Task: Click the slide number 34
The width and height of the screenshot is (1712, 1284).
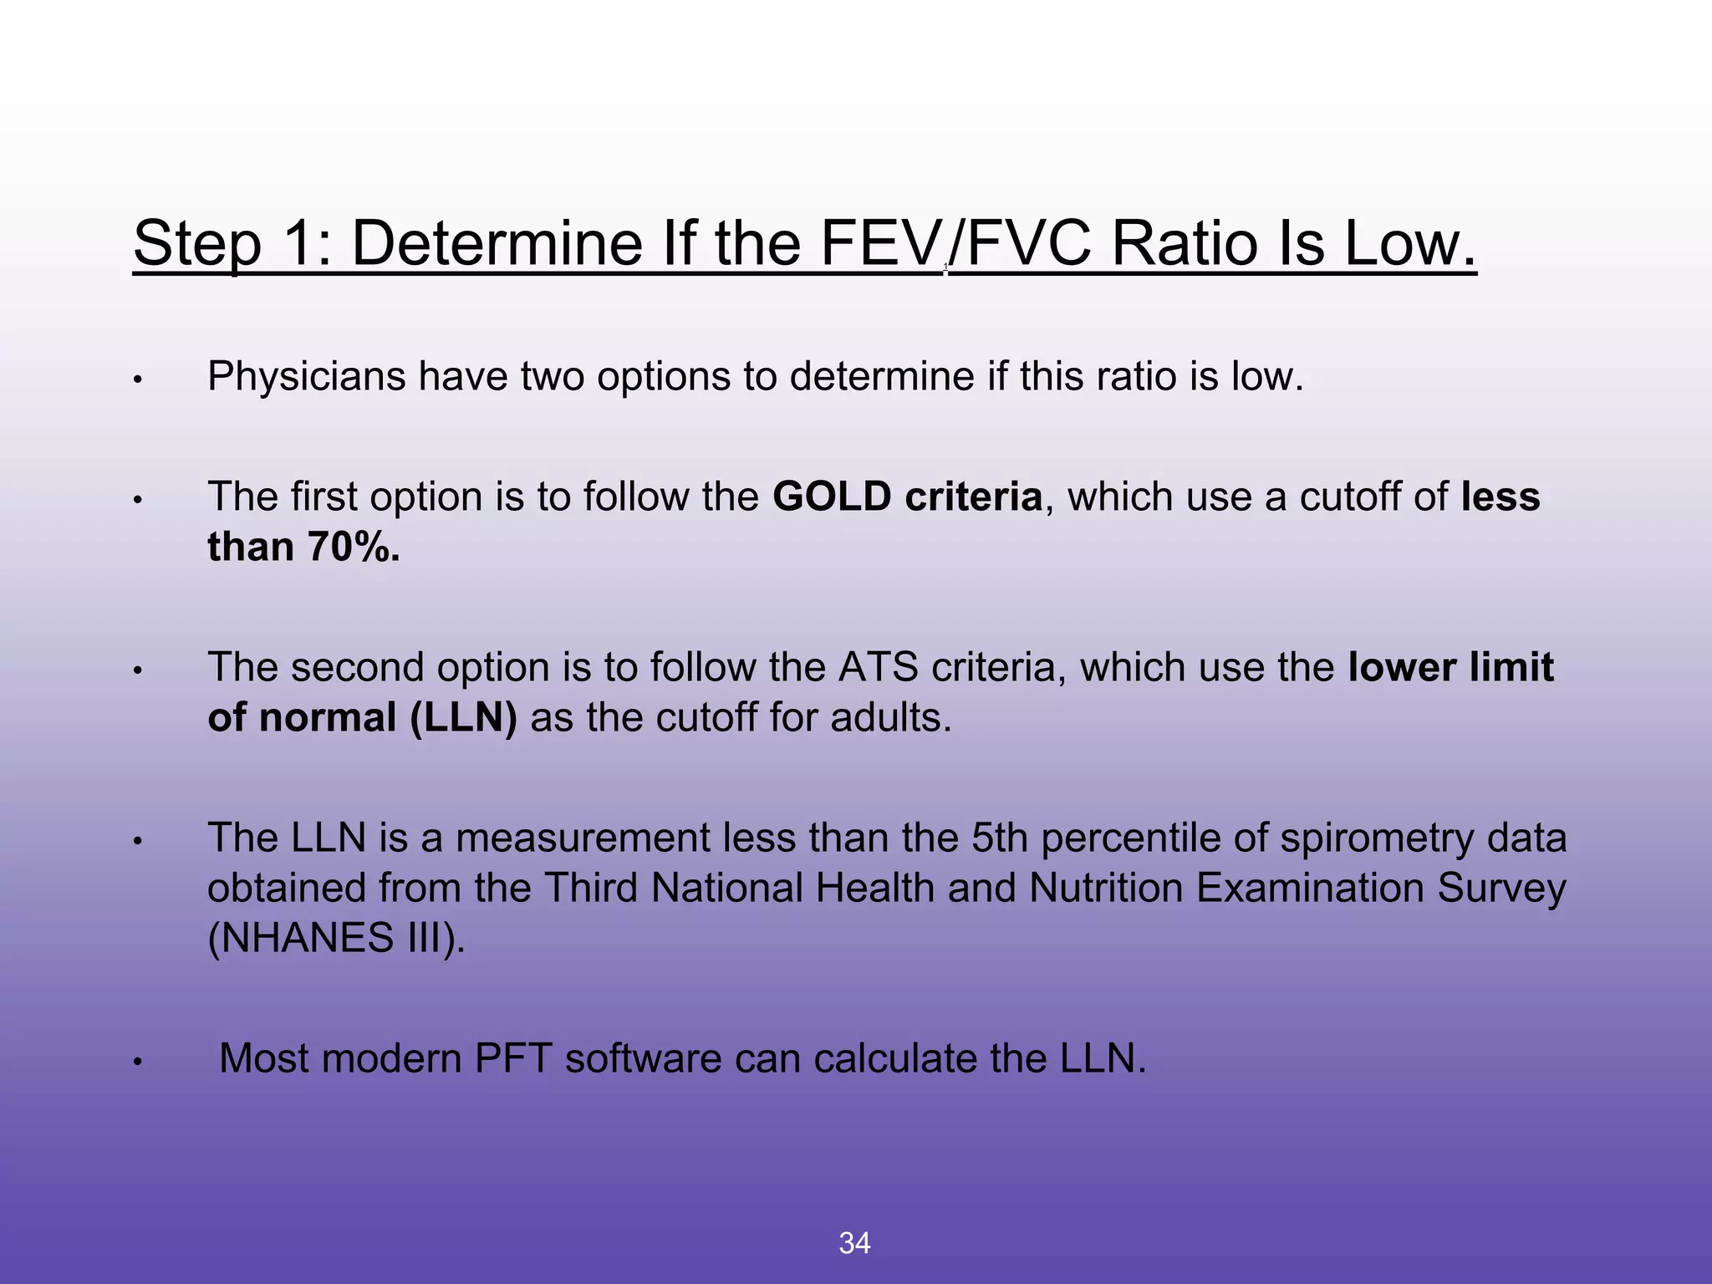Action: pyautogui.click(x=854, y=1243)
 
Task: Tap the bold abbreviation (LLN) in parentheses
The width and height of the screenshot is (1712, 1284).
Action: pyautogui.click(x=464, y=718)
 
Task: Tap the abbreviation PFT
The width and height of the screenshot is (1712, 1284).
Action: pyautogui.click(x=513, y=1059)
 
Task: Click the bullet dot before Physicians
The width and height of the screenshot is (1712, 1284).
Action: pyautogui.click(x=139, y=380)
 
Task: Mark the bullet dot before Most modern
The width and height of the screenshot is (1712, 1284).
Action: pyautogui.click(x=139, y=1062)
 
